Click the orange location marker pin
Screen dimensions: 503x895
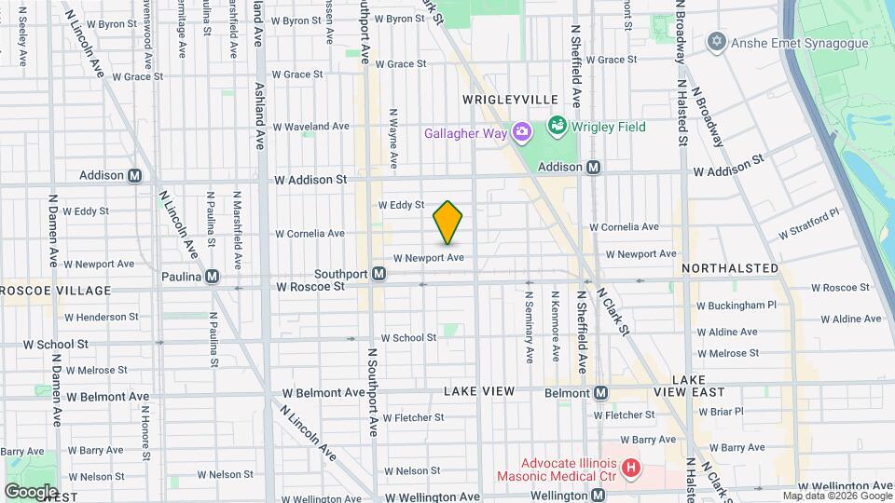click(x=448, y=223)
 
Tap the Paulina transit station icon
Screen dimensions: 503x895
click(x=213, y=276)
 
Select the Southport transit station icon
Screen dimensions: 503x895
click(x=379, y=274)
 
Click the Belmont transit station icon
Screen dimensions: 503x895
click(x=601, y=393)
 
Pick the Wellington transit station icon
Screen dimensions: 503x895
click(x=598, y=496)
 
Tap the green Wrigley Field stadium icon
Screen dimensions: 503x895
click(x=557, y=123)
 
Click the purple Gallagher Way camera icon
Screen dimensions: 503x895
click(x=521, y=132)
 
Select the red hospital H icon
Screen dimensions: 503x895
click(x=631, y=467)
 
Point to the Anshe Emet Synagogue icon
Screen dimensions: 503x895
click(x=716, y=42)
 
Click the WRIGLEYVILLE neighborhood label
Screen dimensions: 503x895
click(x=510, y=100)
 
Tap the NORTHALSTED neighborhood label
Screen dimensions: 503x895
click(x=730, y=268)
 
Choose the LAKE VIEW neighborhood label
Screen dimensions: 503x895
click(x=478, y=391)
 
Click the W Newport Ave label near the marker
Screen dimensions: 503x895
click(x=428, y=258)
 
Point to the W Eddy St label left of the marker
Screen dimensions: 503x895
click(x=401, y=205)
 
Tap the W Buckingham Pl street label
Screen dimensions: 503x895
click(x=737, y=305)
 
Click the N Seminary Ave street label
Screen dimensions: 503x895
click(x=529, y=327)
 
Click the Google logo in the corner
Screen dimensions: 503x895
click(x=30, y=491)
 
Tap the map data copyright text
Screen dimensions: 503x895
click(x=837, y=496)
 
